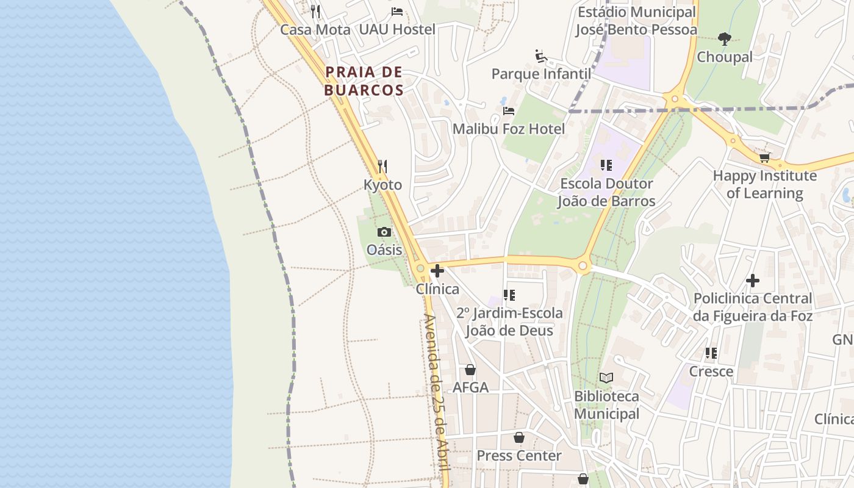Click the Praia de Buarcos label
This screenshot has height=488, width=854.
[x=364, y=81]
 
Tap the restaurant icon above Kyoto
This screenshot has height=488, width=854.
[x=382, y=166]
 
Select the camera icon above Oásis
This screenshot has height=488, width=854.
[x=384, y=232]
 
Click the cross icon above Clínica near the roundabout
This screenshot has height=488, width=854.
[x=437, y=271]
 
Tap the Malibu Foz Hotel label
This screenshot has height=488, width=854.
[x=508, y=129]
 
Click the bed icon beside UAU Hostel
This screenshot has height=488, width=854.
[x=397, y=12]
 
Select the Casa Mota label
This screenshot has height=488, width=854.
[x=315, y=30]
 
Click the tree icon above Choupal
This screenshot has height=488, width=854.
[x=724, y=40]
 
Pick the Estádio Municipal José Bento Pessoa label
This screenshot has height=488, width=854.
[x=636, y=21]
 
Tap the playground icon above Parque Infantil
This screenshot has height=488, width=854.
[x=541, y=56]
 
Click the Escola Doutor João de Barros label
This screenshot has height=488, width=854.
[x=606, y=192]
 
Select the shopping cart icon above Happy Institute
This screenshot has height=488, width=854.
[x=764, y=158]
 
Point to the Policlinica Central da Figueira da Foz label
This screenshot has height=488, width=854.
[x=752, y=307]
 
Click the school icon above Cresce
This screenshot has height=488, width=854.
[x=711, y=353]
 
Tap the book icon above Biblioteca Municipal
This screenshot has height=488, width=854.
[x=606, y=378]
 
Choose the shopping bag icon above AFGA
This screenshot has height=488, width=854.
[x=470, y=370]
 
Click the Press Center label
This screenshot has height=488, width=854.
[x=518, y=456]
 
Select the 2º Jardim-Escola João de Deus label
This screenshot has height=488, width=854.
[x=509, y=322]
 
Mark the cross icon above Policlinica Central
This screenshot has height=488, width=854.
[x=753, y=281]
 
